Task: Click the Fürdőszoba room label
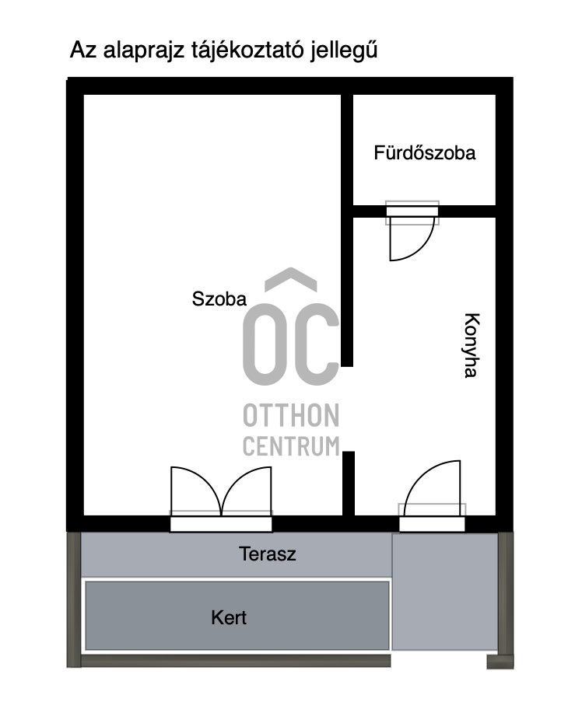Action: pyautogui.click(x=424, y=152)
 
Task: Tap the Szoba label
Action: pyautogui.click(x=219, y=299)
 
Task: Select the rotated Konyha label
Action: pyautogui.click(x=472, y=345)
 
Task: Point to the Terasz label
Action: pyautogui.click(x=267, y=554)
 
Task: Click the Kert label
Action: pyautogui.click(x=229, y=617)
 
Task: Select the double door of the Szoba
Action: pyautogui.click(x=221, y=491)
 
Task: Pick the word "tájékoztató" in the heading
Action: pyautogui.click(x=247, y=51)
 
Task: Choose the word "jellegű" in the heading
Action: pyautogui.click(x=343, y=51)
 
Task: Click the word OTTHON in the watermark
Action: pyautogui.click(x=291, y=415)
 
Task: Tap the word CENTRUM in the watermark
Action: pyautogui.click(x=291, y=446)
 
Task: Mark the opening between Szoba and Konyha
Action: pyautogui.click(x=348, y=409)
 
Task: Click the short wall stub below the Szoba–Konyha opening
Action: pyautogui.click(x=349, y=484)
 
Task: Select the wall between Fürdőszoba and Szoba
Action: pyautogui.click(x=347, y=231)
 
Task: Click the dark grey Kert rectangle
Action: pyautogui.click(x=237, y=616)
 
